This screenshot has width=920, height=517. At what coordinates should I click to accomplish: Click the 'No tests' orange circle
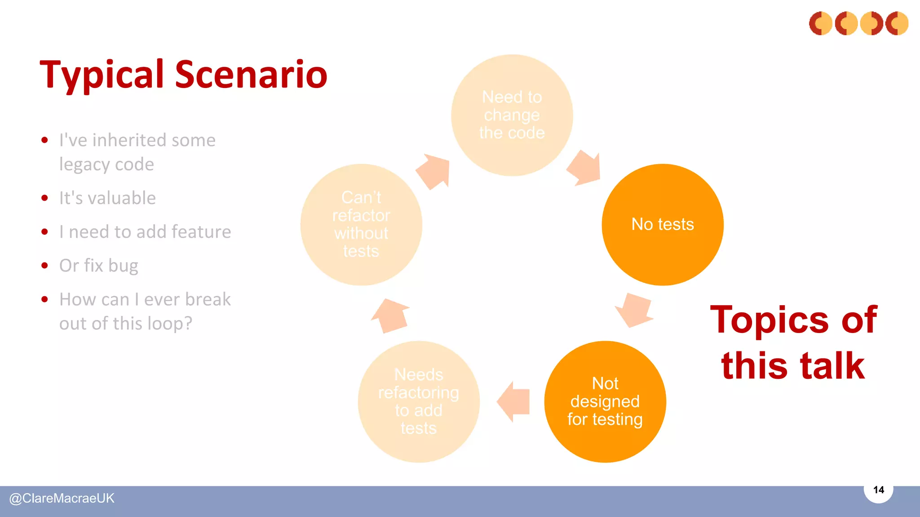tap(663, 224)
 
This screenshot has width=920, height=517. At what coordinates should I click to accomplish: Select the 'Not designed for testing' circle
tap(605, 402)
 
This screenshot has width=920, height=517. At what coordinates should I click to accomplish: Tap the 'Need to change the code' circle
tap(512, 115)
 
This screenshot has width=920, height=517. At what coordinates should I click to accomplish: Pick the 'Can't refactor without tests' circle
tap(361, 224)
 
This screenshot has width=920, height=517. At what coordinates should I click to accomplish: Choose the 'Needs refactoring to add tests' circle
tap(419, 402)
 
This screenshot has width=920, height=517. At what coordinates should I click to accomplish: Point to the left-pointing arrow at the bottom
tap(514, 402)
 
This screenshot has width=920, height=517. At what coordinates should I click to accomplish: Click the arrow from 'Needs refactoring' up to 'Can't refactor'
tap(391, 315)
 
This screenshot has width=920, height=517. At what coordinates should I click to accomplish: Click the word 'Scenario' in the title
tap(251, 74)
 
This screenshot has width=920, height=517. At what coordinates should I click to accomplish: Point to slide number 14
tap(878, 490)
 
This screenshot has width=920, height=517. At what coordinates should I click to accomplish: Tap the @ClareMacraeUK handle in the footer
tap(62, 498)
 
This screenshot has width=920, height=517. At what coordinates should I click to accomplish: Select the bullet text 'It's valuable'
tap(107, 198)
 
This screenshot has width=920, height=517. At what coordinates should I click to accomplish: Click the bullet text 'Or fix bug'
tap(99, 266)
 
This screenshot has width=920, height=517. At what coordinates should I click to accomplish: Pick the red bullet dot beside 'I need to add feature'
tap(44, 232)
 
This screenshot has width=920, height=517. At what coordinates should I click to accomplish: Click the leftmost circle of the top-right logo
tap(821, 23)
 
